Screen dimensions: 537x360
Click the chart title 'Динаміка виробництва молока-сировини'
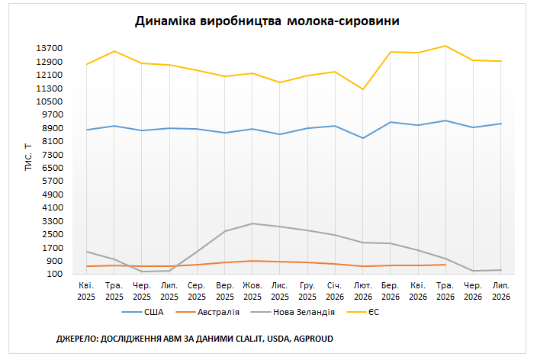pyautogui.click(x=267, y=21)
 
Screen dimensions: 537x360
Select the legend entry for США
pyautogui.click(x=143, y=312)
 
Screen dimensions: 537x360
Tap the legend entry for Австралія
pyautogui.click(x=207, y=312)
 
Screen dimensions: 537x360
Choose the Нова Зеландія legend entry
pyautogui.click(x=293, y=312)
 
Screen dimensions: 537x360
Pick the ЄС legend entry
pyautogui.click(x=363, y=312)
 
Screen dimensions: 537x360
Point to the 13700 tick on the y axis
pyautogui.click(x=50, y=48)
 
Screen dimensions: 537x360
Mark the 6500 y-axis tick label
pyautogui.click(x=53, y=168)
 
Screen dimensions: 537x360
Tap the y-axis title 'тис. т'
pyautogui.click(x=28, y=157)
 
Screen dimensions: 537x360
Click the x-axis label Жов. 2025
pyautogui.click(x=252, y=291)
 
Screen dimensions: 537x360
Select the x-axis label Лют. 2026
pyautogui.click(x=363, y=291)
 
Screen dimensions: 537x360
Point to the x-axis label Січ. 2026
pyautogui.click(x=335, y=291)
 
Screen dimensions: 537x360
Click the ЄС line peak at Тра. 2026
pyautogui.click(x=445, y=46)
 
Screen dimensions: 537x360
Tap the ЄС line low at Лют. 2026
pyautogui.click(x=362, y=89)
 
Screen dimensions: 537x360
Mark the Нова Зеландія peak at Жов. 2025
pyautogui.click(x=252, y=223)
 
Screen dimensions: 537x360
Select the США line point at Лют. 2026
pyautogui.click(x=362, y=138)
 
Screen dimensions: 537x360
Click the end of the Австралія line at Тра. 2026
pyautogui.click(x=445, y=265)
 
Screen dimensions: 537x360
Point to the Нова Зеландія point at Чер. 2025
pyautogui.click(x=141, y=272)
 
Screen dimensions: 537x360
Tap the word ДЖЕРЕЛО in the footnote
pyautogui.click(x=77, y=339)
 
